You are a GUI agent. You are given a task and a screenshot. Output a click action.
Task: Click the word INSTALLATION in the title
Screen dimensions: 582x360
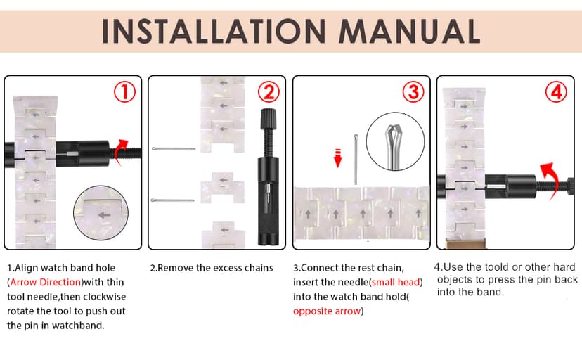tap(214, 31)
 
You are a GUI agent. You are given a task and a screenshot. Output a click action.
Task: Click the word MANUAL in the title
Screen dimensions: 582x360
tap(409, 31)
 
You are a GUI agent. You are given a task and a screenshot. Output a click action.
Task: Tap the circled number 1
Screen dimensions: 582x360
tap(124, 92)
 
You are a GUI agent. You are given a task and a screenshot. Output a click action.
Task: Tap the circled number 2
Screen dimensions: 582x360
tap(269, 92)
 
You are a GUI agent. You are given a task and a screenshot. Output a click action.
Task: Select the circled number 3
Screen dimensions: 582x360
tap(413, 92)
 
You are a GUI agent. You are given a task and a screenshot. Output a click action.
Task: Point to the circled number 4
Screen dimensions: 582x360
tap(556, 92)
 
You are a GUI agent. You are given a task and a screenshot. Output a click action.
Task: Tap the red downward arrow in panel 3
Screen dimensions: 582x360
tap(337, 157)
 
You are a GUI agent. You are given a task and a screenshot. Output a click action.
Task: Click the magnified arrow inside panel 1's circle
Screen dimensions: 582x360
tap(104, 215)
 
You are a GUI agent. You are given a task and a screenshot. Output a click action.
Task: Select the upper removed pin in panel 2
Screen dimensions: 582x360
tap(174, 149)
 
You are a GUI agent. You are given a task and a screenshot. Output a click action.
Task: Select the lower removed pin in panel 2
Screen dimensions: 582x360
tap(173, 200)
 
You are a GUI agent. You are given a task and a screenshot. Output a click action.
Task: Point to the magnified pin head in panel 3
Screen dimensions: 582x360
tap(394, 136)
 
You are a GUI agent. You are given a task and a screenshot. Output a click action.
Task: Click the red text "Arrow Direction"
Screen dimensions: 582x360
tap(45, 282)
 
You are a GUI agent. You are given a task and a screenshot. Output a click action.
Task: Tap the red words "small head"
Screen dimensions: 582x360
tap(395, 282)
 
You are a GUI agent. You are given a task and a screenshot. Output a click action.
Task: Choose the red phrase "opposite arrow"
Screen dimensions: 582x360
tap(327, 311)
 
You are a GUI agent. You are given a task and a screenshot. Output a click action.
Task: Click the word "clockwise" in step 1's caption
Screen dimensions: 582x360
tap(105, 297)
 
